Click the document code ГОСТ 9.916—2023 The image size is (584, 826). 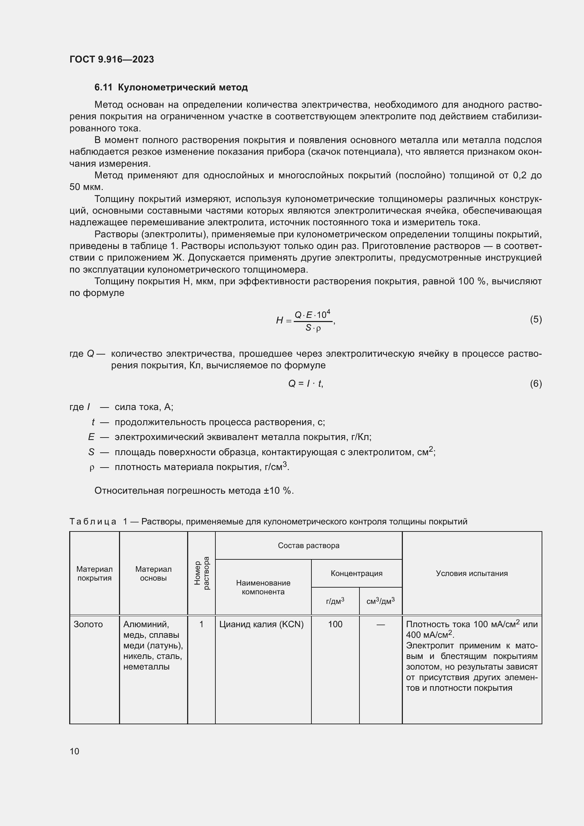pyautogui.click(x=112, y=59)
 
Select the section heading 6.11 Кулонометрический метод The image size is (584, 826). pyautogui.click(x=171, y=88)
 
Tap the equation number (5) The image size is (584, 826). pyautogui.click(x=536, y=319)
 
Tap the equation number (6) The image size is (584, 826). pyautogui.click(x=536, y=384)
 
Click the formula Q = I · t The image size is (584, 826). pyautogui.click(x=305, y=384)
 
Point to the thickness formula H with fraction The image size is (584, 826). pyautogui.click(x=305, y=320)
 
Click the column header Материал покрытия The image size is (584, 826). pyautogui.click(x=94, y=574)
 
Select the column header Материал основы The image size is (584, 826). pyautogui.click(x=153, y=574)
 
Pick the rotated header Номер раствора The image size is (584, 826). pyautogui.click(x=201, y=573)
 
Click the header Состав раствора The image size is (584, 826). pyautogui.click(x=308, y=545)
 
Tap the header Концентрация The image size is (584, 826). pyautogui.click(x=356, y=573)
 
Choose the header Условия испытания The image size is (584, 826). pyautogui.click(x=471, y=573)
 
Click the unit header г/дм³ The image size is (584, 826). pyautogui.click(x=335, y=601)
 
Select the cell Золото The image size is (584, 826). pyautogui.click(x=88, y=624)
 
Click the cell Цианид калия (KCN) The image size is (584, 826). pyautogui.click(x=261, y=624)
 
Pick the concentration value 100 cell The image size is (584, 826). pyautogui.click(x=335, y=624)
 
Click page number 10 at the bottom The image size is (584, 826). pyautogui.click(x=75, y=751)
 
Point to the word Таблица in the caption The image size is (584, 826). pyautogui.click(x=93, y=521)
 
